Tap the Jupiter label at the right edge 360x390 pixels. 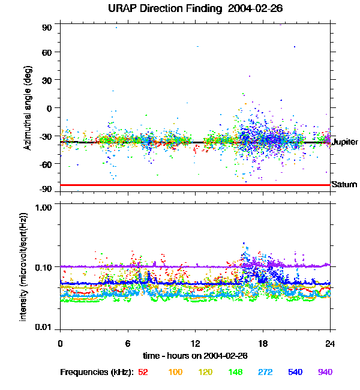pyautogui.click(x=344, y=142)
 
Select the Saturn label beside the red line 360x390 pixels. pyautogui.click(x=344, y=185)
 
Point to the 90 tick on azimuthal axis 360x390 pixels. pyautogui.click(x=47, y=28)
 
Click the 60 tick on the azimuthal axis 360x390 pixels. pyautogui.click(x=47, y=52)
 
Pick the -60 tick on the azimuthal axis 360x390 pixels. pyautogui.click(x=46, y=164)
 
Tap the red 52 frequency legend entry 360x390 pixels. pyautogui.click(x=143, y=372)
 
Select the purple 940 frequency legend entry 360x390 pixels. pyautogui.click(x=325, y=372)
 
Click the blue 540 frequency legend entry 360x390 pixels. pyautogui.click(x=295, y=372)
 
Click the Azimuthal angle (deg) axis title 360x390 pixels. pyautogui.click(x=27, y=108)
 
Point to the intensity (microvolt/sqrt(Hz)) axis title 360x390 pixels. pyautogui.click(x=25, y=266)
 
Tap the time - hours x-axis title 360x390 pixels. pyautogui.click(x=195, y=356)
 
